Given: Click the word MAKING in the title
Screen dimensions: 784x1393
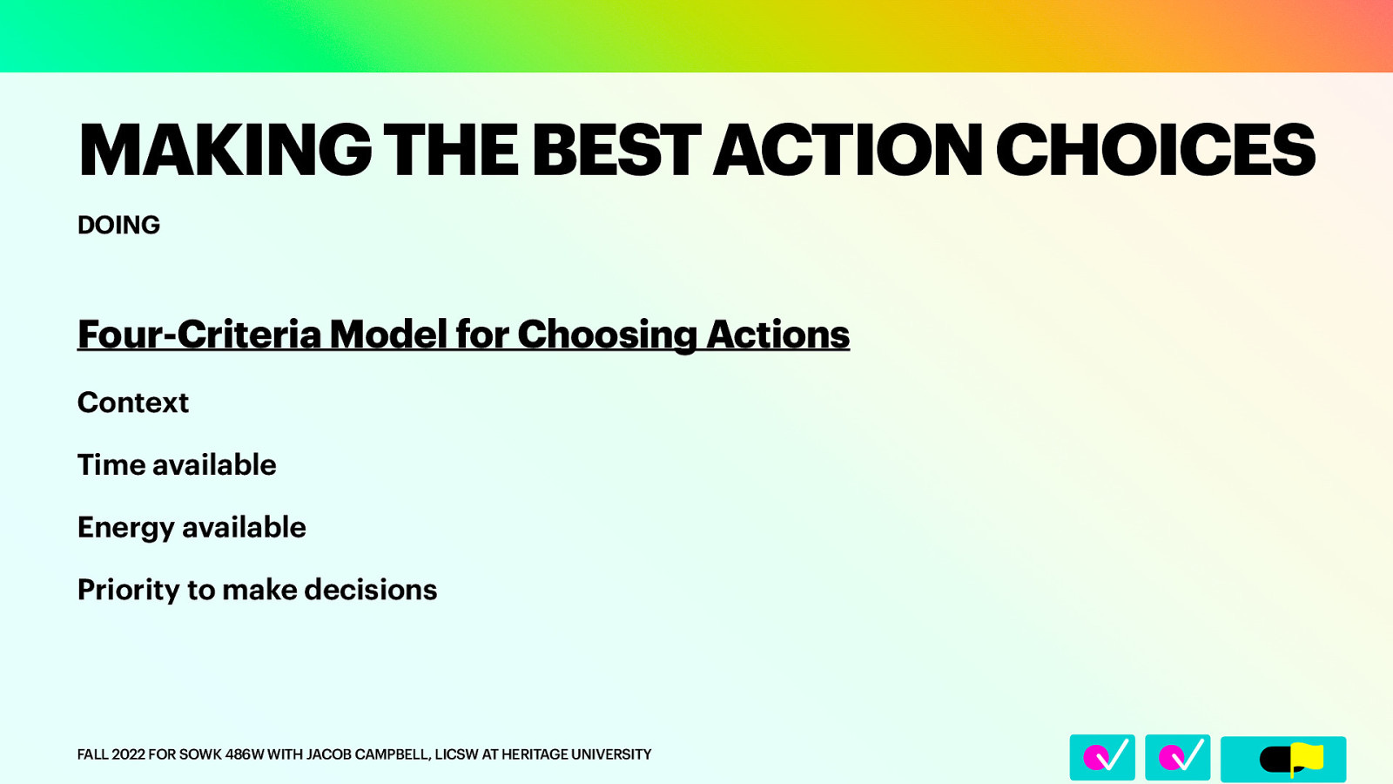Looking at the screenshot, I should pyautogui.click(x=225, y=151).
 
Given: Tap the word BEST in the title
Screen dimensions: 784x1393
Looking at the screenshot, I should pyautogui.click(x=616, y=151).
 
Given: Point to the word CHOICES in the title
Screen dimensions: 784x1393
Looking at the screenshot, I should pyautogui.click(x=1154, y=151).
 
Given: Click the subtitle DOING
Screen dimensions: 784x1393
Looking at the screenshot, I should pyautogui.click(x=118, y=225).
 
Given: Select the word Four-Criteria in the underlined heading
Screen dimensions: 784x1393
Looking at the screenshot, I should pyautogui.click(x=199, y=335).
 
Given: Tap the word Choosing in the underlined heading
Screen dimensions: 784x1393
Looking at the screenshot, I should pyautogui.click(x=607, y=335).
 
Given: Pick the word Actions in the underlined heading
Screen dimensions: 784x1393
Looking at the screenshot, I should pyautogui.click(x=777, y=335).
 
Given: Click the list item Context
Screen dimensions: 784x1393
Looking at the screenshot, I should pyautogui.click(x=133, y=402).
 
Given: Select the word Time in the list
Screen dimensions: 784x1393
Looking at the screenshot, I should pyautogui.click(x=111, y=465).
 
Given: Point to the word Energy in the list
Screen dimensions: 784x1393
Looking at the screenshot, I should pyautogui.click(x=125, y=528).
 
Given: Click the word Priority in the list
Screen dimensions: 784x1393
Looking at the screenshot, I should pyautogui.click(x=128, y=591).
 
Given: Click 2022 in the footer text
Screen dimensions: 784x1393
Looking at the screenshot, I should pyautogui.click(x=128, y=754).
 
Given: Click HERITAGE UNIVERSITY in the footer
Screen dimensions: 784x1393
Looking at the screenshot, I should pyautogui.click(x=575, y=754).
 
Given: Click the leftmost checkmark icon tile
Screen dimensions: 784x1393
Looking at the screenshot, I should pyautogui.click(x=1102, y=757).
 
